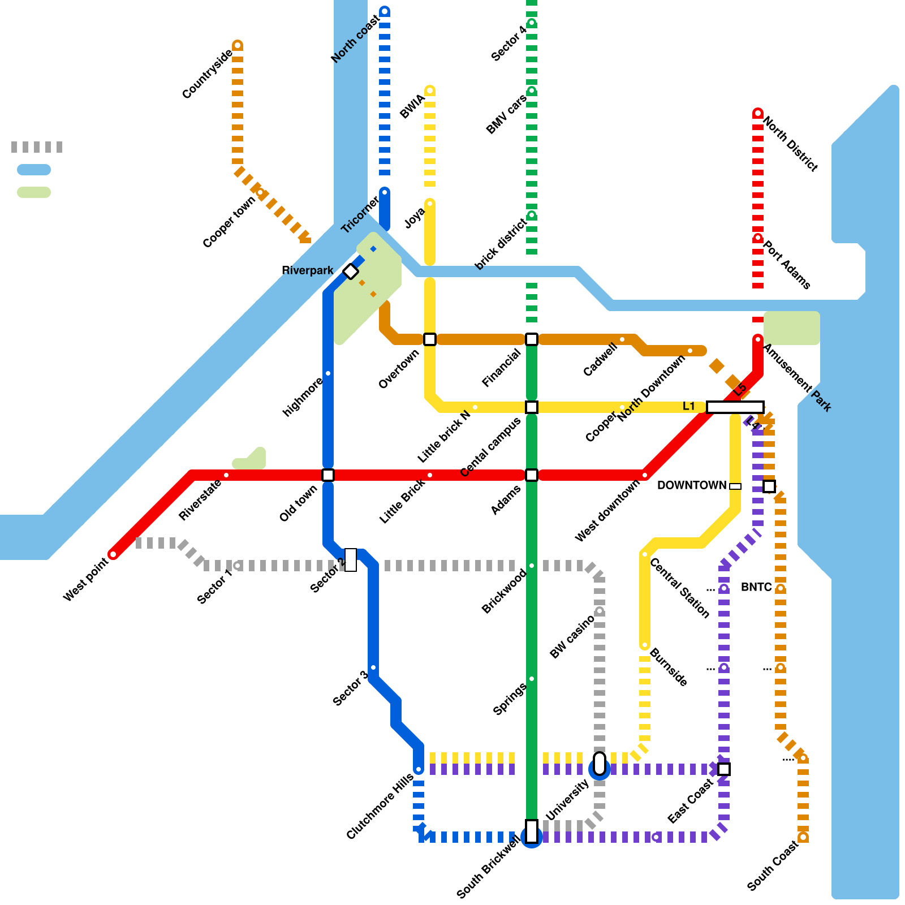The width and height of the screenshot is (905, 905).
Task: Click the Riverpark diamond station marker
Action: click(351, 271)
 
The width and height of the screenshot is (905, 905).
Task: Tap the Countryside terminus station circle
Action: click(238, 45)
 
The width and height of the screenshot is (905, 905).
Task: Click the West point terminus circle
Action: click(113, 554)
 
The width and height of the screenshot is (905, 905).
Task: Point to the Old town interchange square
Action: click(328, 475)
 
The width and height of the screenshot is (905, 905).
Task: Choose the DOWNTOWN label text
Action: click(691, 485)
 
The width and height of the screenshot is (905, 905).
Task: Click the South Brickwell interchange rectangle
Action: click(532, 831)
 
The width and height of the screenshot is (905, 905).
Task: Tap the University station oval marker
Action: click(600, 763)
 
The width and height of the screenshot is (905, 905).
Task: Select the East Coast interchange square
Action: click(724, 769)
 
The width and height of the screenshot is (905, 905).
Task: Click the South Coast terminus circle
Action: click(803, 837)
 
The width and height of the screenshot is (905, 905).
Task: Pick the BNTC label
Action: click(756, 587)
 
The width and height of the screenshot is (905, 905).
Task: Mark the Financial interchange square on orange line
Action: click(532, 339)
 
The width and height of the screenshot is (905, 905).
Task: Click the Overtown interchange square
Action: click(430, 339)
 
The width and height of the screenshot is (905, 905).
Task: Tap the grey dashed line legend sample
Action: click(37, 147)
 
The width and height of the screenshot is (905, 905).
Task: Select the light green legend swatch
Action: click(34, 192)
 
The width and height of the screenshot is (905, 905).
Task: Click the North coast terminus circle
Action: click(385, 11)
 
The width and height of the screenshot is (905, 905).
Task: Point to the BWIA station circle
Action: click(430, 90)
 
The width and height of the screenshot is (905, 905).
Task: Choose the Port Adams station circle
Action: click(758, 238)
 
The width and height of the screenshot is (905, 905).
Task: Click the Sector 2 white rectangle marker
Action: click(351, 560)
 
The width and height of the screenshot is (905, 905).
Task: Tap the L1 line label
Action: click(688, 406)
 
